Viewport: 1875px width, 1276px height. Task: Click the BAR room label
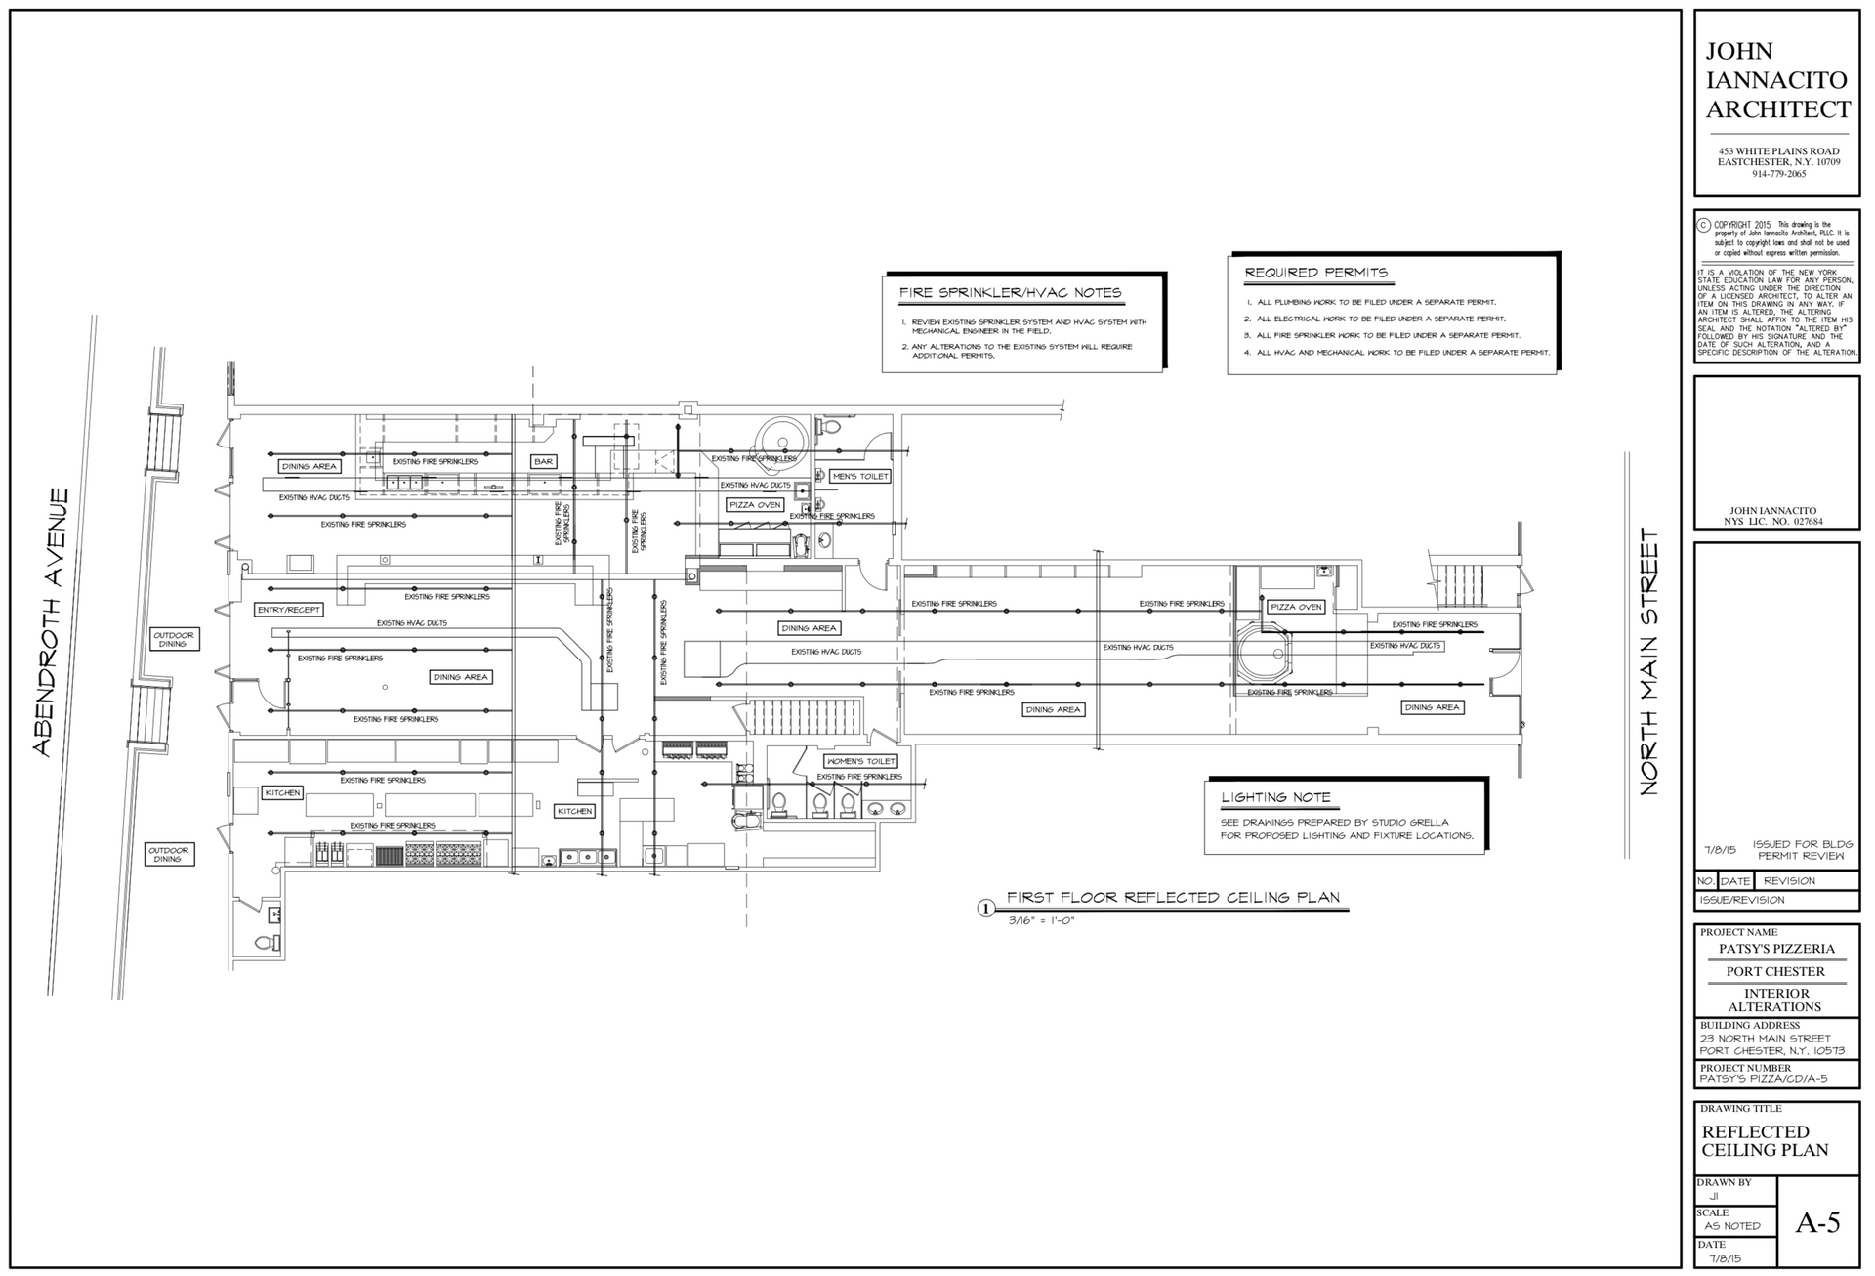543,461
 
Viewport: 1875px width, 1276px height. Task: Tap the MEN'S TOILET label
859,477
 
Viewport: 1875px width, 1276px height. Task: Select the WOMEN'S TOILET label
860,761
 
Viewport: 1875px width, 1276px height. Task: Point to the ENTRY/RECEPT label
288,610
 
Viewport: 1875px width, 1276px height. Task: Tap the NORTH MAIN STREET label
1649,661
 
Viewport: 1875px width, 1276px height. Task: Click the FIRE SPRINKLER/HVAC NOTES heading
1010,293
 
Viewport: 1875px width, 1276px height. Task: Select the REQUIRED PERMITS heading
1315,273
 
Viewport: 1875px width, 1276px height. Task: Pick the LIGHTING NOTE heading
1275,797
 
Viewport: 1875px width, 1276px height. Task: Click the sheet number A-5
1817,1222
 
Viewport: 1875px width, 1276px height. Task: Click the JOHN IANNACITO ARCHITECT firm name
1776,80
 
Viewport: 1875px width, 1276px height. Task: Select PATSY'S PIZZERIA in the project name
1776,949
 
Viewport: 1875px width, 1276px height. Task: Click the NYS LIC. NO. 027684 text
1775,522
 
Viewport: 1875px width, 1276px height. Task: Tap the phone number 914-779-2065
1778,174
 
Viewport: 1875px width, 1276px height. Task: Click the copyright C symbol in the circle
1704,225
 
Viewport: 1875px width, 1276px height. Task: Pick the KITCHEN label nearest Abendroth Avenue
282,792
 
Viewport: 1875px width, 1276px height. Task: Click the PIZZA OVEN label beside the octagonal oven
1296,607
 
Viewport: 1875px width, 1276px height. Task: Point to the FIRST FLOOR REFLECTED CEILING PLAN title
1173,898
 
